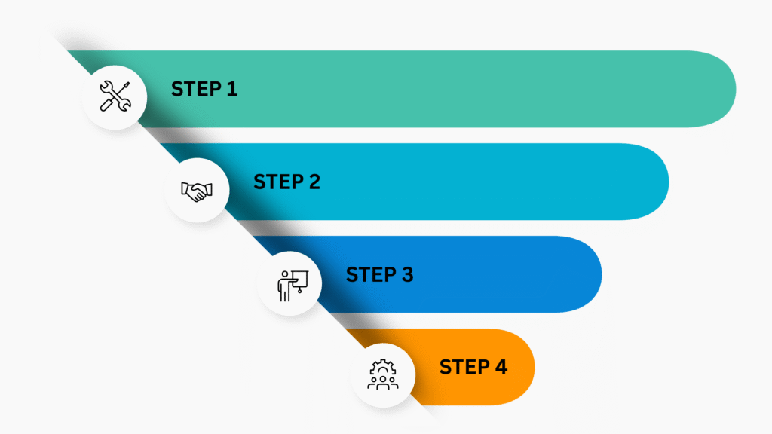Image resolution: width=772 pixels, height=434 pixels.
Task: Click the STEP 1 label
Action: (x=204, y=89)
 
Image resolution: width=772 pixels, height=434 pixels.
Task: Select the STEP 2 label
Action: (x=287, y=182)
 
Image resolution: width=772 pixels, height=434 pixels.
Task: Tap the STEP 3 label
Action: (x=380, y=274)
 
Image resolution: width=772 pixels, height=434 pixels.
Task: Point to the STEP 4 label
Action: (x=473, y=367)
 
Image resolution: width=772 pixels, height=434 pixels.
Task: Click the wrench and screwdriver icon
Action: (x=115, y=96)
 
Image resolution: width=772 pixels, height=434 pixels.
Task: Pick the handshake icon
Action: (x=197, y=191)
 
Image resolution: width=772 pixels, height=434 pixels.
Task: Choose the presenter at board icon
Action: (x=293, y=286)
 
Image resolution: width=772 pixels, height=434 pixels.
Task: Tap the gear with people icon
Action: (x=383, y=375)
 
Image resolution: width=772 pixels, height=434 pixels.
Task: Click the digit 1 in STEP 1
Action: (x=232, y=89)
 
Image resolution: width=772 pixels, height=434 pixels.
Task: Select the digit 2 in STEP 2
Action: (x=314, y=182)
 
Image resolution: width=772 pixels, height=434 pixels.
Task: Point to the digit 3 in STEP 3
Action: (x=407, y=274)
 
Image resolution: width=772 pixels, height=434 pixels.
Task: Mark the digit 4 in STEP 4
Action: (x=501, y=367)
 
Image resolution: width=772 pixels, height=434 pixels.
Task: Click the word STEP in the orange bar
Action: (x=464, y=367)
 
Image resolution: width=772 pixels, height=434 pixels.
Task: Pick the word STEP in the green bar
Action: (x=196, y=89)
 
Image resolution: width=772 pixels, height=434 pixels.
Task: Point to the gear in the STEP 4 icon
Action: (x=383, y=367)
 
